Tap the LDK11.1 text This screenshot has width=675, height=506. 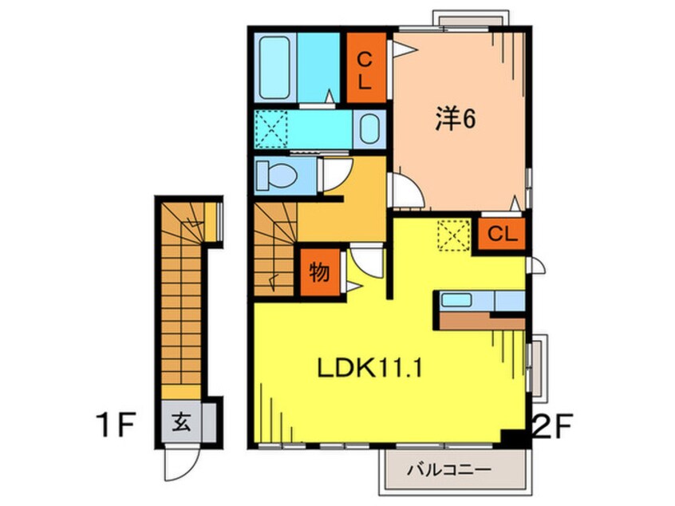[369, 368]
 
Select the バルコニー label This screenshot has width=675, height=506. [449, 469]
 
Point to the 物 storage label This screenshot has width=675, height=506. [319, 272]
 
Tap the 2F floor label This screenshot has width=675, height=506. [552, 425]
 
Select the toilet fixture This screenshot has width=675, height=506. [276, 175]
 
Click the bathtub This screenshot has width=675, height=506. [274, 67]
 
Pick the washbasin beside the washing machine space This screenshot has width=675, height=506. [369, 128]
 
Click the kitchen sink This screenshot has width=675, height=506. [456, 300]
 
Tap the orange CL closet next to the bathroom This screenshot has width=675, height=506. [365, 68]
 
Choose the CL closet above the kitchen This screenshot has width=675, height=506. [502, 234]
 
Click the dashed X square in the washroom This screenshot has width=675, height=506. [270, 128]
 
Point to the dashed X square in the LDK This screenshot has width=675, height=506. [453, 235]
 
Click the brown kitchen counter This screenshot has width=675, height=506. [481, 321]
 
